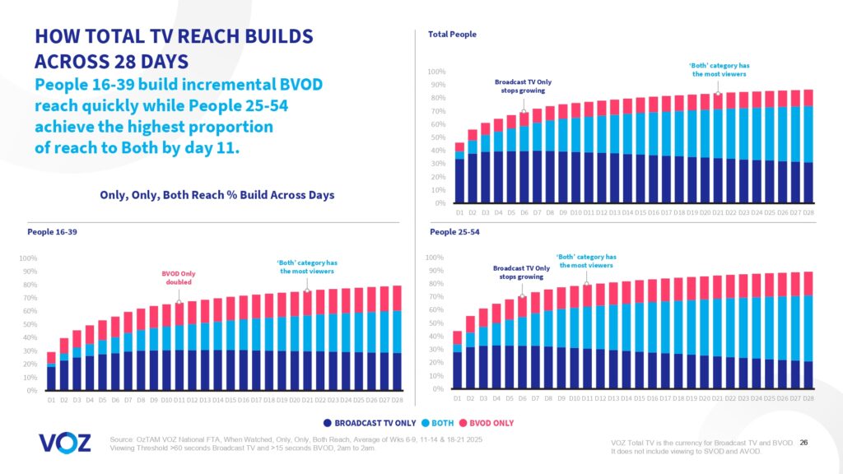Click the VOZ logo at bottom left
tap(64, 443)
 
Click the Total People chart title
tap(452, 35)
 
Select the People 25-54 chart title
tap(454, 232)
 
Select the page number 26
tap(803, 443)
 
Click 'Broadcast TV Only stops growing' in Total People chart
tap(523, 86)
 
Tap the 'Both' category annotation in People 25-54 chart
tap(585, 261)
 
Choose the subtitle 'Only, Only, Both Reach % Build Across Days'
tap(216, 194)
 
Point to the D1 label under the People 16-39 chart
tap(51, 400)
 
